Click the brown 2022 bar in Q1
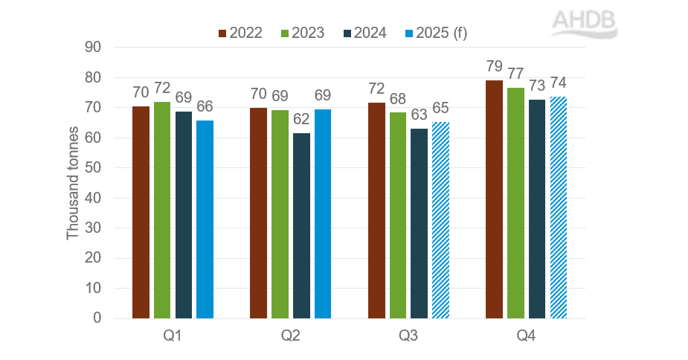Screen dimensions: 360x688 tap(141, 212)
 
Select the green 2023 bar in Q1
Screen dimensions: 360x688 tap(161, 210)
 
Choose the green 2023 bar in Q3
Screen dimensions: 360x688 tap(397, 215)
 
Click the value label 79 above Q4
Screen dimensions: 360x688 tap(494, 66)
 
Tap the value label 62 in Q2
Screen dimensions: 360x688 tap(300, 119)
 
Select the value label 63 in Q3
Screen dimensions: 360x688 tap(419, 115)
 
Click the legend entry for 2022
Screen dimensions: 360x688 tap(240, 33)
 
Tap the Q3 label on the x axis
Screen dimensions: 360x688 tap(408, 336)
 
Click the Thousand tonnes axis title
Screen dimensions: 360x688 tap(73, 183)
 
